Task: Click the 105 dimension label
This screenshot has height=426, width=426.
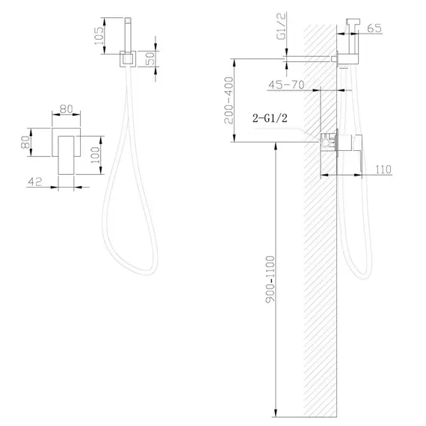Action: click(99, 36)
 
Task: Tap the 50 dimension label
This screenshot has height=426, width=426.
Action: click(150, 58)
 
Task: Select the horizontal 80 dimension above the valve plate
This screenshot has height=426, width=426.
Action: click(67, 109)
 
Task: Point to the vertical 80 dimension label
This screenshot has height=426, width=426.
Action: click(25, 142)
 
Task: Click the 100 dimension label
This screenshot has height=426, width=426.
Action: click(96, 155)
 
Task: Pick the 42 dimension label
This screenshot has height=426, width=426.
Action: click(35, 182)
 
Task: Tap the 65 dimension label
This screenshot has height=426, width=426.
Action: click(374, 28)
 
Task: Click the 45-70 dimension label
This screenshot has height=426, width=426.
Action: click(286, 85)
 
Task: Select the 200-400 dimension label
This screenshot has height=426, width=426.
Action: click(229, 100)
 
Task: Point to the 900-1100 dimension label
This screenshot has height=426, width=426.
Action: click(271, 279)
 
